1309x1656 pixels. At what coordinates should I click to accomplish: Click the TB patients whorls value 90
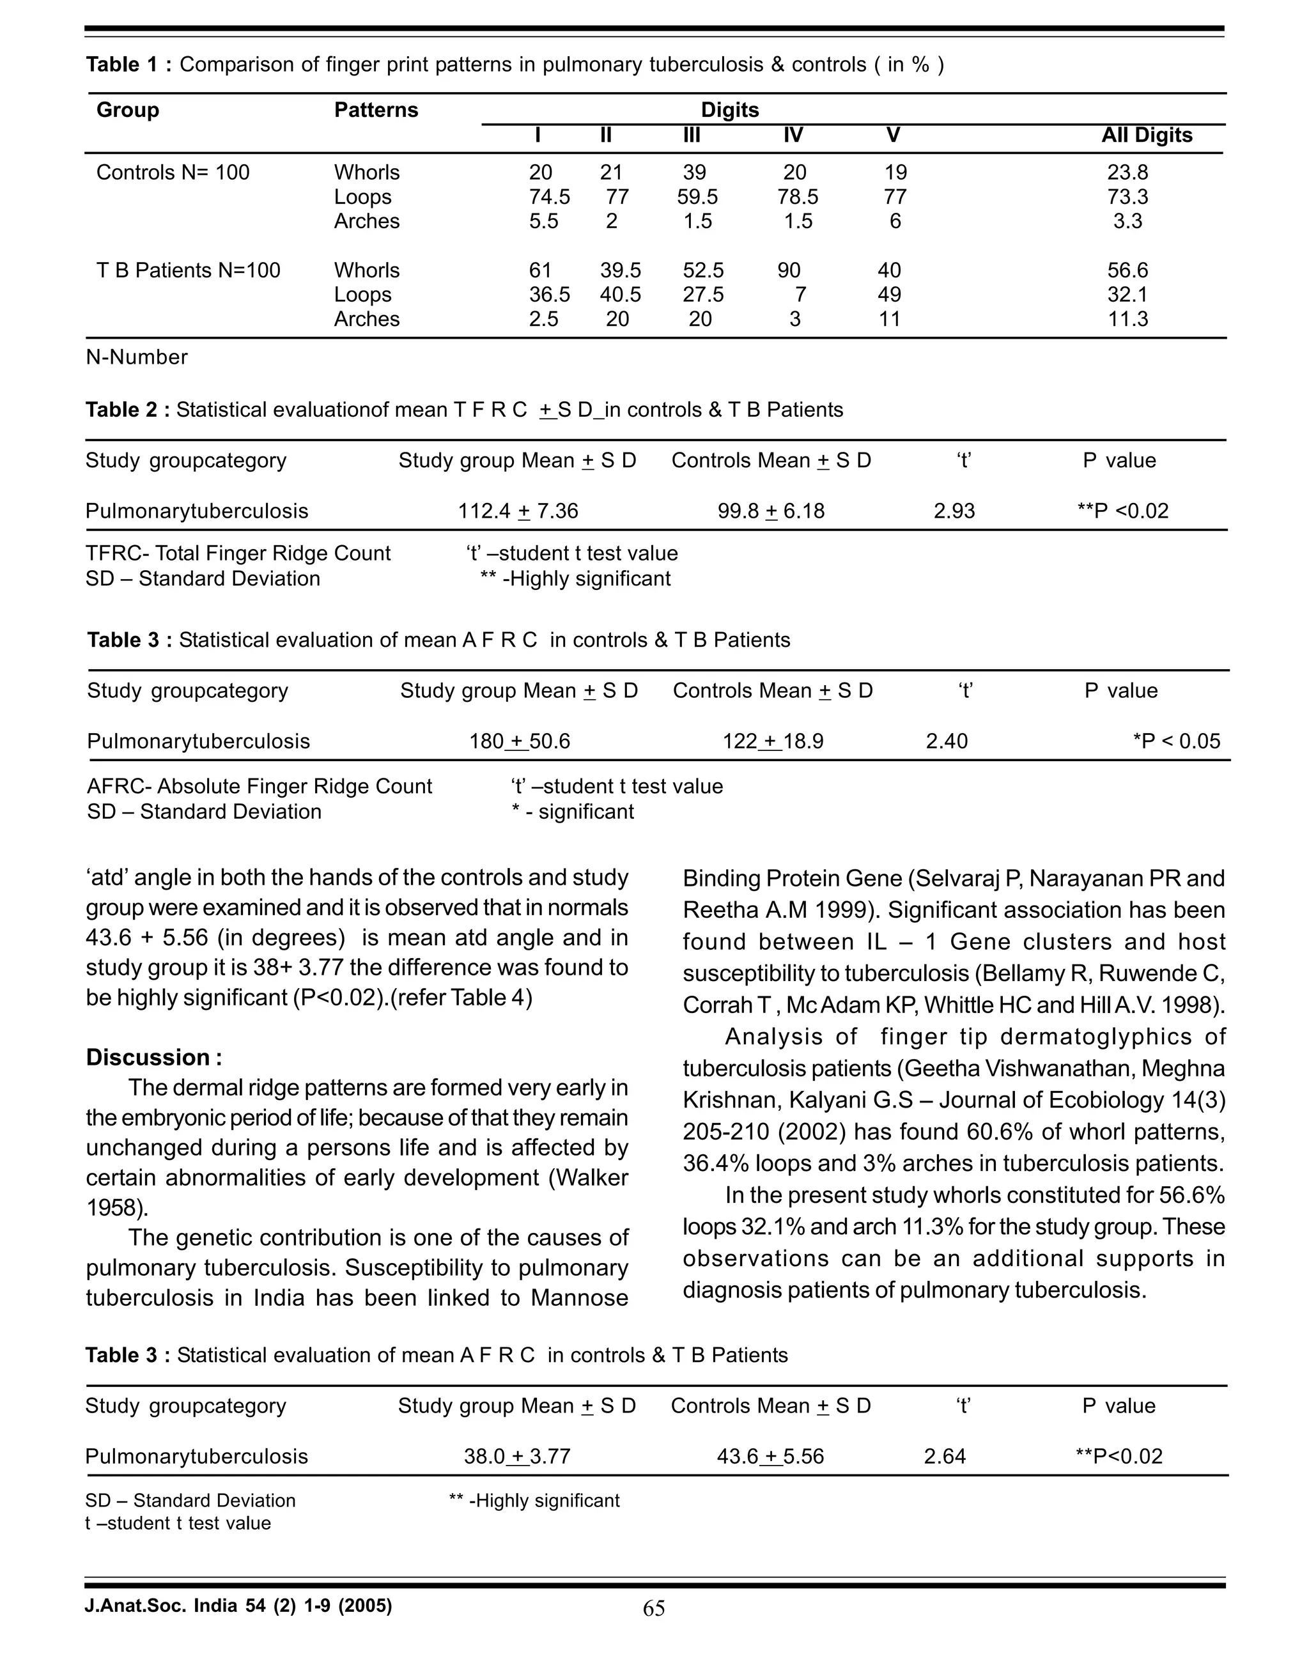point(789,270)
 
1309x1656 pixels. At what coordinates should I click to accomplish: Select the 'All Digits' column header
point(1147,135)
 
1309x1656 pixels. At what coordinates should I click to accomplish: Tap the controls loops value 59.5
point(697,197)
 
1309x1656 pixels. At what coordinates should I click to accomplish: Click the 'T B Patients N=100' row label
point(189,270)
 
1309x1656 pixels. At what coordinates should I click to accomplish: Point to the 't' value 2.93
point(954,511)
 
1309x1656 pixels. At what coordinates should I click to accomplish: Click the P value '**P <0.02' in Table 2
point(1123,511)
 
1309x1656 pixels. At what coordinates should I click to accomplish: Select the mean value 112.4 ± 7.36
point(518,511)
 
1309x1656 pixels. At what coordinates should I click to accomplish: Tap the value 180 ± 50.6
point(520,741)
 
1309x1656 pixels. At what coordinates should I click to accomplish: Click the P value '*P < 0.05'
point(1177,741)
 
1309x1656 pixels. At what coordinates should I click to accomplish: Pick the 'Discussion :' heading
point(154,1058)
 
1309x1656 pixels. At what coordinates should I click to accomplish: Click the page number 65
point(654,1609)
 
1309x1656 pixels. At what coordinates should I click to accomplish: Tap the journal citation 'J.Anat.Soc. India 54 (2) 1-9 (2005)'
point(238,1606)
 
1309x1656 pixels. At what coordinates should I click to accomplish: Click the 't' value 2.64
point(945,1456)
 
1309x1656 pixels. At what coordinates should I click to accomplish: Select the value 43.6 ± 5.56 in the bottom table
point(770,1456)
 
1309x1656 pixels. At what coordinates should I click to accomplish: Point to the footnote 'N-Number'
point(136,357)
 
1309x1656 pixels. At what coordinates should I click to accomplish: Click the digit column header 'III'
point(692,135)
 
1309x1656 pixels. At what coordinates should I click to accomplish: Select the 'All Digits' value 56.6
point(1127,270)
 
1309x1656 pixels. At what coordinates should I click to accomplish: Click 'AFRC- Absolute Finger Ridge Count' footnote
point(259,786)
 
